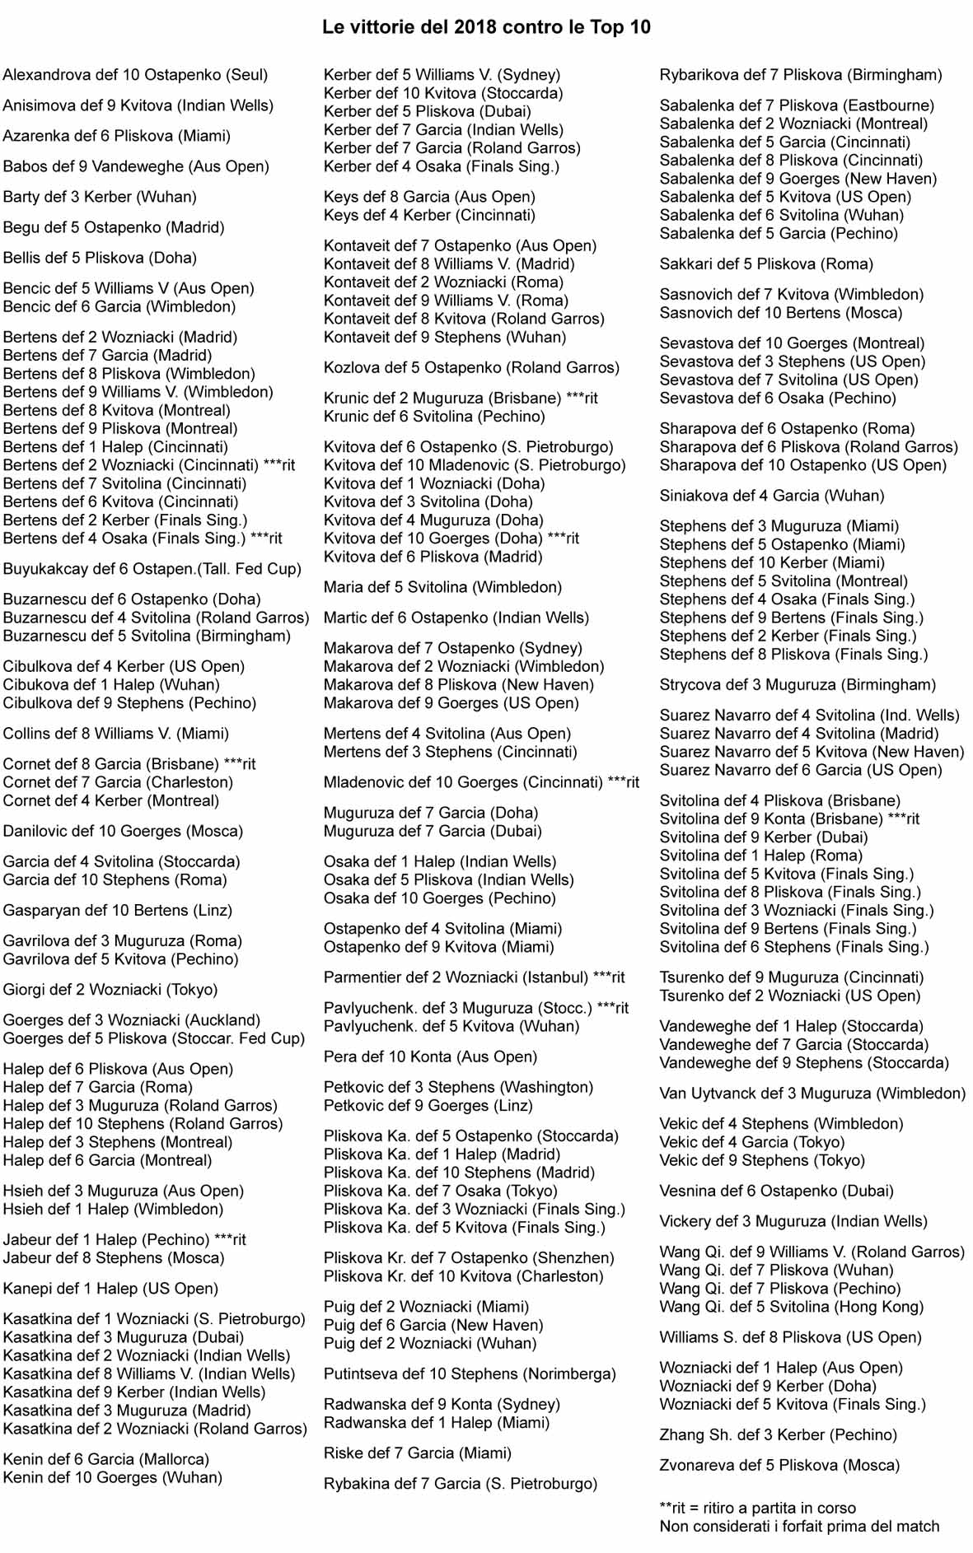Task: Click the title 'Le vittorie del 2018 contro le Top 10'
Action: click(x=486, y=27)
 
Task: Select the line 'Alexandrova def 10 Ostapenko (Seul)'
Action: click(x=135, y=75)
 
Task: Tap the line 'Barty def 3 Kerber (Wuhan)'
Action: click(x=100, y=197)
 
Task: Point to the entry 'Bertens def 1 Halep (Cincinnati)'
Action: click(x=115, y=447)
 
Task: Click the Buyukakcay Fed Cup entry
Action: click(x=152, y=569)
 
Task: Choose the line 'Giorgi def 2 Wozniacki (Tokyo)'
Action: click(x=110, y=990)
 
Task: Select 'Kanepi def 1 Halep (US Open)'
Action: click(x=110, y=1289)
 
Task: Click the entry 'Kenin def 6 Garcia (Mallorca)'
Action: click(x=106, y=1459)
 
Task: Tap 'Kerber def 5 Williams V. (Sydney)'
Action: click(x=442, y=75)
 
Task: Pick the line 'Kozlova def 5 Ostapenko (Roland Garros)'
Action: click(x=471, y=367)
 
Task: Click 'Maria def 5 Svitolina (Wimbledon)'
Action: click(x=442, y=587)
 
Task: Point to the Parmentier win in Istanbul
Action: click(x=474, y=977)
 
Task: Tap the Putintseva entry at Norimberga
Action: click(x=470, y=1373)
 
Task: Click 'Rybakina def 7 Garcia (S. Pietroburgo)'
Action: click(x=460, y=1484)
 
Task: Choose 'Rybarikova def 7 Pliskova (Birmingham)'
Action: click(x=801, y=75)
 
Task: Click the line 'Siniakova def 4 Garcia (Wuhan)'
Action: click(x=772, y=496)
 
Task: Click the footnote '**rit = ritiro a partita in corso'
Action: click(x=757, y=1508)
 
